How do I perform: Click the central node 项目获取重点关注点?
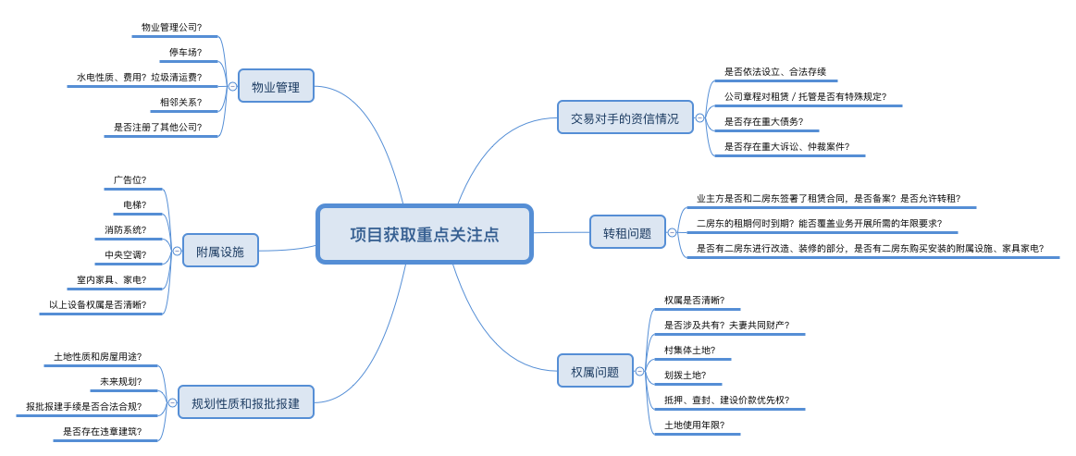(x=425, y=234)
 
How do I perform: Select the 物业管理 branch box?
(x=276, y=87)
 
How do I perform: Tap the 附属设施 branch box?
(x=220, y=251)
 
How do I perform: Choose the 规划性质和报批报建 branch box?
(x=245, y=402)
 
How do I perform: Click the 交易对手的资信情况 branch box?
(x=625, y=118)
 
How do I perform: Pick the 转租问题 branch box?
(x=627, y=232)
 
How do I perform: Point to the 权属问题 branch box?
(x=595, y=371)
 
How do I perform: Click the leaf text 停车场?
(x=185, y=53)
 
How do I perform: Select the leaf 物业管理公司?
(x=171, y=28)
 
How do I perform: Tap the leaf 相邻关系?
(x=180, y=103)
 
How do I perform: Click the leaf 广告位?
(x=130, y=179)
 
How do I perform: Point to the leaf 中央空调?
(x=125, y=254)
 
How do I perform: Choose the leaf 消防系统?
(x=125, y=229)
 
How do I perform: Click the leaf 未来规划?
(x=120, y=381)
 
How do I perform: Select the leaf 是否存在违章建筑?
(x=102, y=431)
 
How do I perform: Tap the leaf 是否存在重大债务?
(x=763, y=121)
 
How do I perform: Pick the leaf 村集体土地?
(x=689, y=351)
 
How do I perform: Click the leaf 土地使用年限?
(x=694, y=425)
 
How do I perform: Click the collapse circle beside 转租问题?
(x=672, y=233)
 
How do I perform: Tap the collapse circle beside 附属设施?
(x=177, y=251)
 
